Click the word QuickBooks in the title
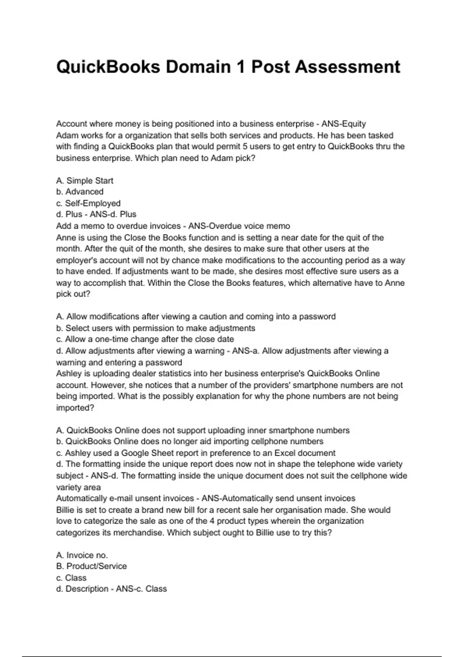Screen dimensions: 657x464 click(108, 67)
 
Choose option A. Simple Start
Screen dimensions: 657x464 click(85, 181)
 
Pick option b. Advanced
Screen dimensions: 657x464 click(80, 192)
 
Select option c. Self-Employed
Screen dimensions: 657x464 click(88, 203)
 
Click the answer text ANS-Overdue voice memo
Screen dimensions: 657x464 click(239, 226)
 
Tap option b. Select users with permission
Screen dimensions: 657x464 click(155, 328)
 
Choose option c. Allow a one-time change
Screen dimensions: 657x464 click(145, 339)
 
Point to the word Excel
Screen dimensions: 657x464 click(286, 453)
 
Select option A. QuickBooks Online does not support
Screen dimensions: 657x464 click(203, 431)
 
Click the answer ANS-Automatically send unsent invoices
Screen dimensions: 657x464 click(278, 499)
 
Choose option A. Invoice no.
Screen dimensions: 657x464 click(82, 555)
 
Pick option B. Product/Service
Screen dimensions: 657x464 click(91, 566)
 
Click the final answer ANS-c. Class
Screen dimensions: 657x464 click(142, 589)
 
